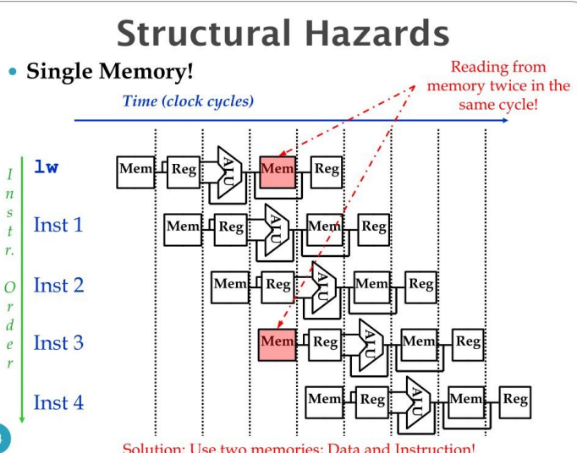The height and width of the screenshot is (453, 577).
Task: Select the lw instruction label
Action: point(46,166)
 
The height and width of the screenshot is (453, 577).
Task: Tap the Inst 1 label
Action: point(58,225)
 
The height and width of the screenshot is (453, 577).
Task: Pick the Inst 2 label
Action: point(58,285)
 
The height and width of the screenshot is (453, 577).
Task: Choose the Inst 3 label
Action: point(58,342)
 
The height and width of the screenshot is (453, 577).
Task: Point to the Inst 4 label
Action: point(58,402)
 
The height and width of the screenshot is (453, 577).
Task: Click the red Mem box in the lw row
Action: point(278,169)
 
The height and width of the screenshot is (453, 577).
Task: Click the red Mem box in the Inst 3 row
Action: point(278,341)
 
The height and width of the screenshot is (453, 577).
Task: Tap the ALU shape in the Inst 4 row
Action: point(418,399)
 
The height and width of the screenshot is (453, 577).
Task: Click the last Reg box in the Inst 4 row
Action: point(515,399)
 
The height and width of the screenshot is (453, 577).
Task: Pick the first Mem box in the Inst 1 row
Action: point(183,226)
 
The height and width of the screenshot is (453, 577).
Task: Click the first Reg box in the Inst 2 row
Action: point(278,284)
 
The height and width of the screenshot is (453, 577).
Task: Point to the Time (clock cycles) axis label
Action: point(188,101)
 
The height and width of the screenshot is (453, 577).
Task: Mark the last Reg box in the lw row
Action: point(327,169)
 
